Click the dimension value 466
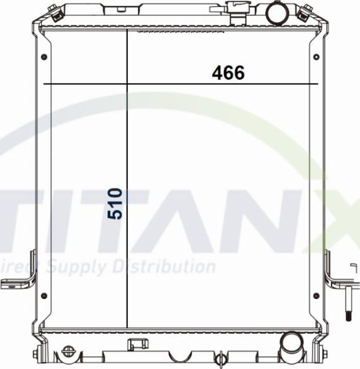(228, 73)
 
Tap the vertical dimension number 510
(115, 203)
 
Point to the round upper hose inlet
(276, 12)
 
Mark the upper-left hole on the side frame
(43, 57)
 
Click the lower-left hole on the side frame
(43, 296)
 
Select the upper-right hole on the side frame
(318, 57)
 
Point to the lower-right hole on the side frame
(318, 296)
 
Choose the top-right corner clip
(307, 12)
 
